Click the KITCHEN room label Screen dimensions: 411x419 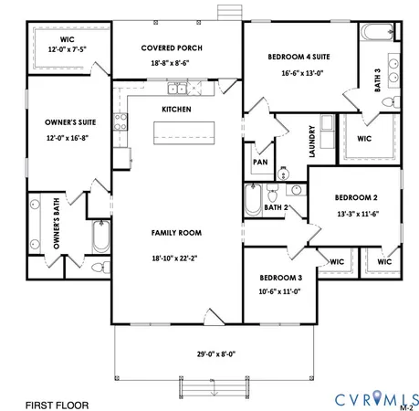coord(176,109)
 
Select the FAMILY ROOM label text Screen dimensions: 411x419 coord(176,233)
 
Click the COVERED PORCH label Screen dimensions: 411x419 coord(172,47)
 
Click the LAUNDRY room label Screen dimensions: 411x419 coord(312,141)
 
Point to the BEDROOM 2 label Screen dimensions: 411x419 coord(355,197)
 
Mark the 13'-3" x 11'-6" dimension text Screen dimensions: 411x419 coord(355,215)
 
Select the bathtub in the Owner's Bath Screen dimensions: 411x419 coord(100,239)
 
